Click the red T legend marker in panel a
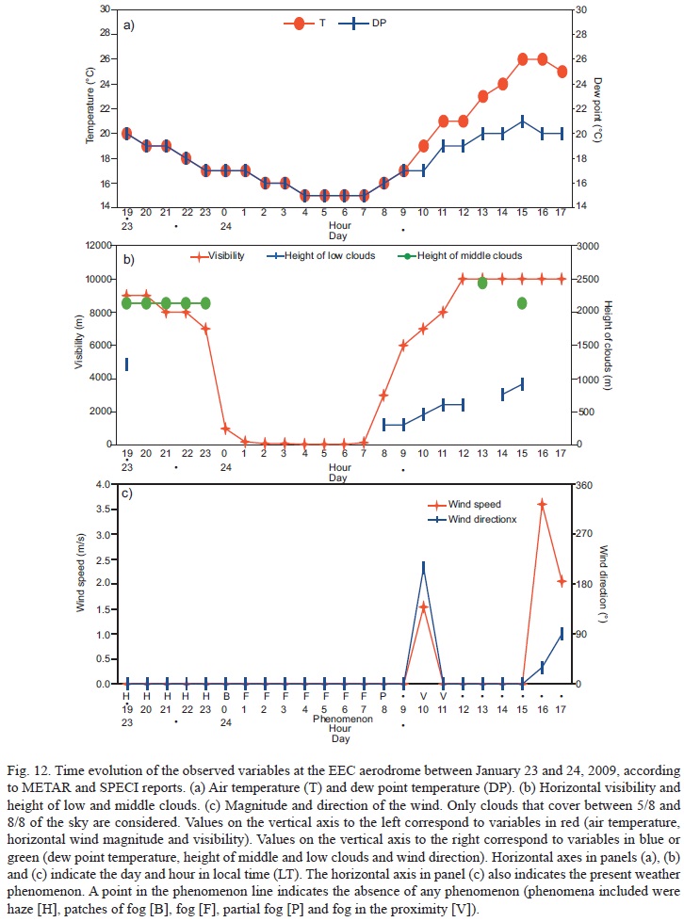299,24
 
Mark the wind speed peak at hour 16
542,505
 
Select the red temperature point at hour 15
522,59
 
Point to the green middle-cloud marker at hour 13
482,283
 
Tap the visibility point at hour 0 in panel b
225,429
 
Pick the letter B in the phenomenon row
225,697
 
